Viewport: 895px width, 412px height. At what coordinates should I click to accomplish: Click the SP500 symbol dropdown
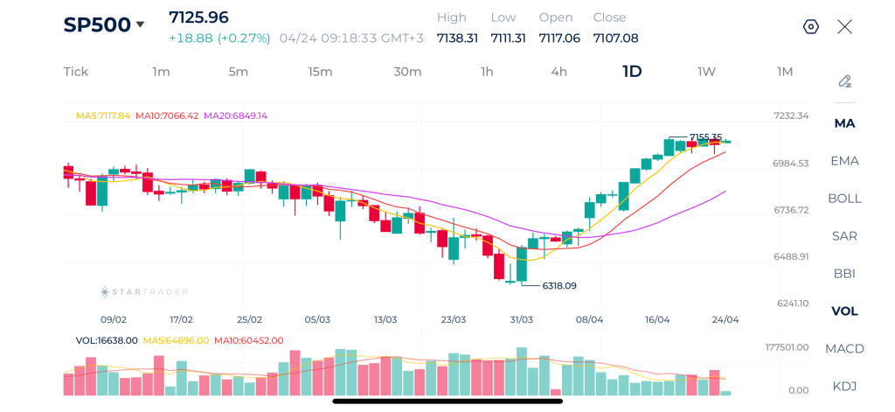tap(104, 24)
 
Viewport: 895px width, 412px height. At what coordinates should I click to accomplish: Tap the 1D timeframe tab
tap(632, 72)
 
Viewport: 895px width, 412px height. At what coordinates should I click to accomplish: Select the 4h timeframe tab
tap(559, 72)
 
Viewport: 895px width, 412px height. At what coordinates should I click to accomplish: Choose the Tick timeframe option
tap(76, 72)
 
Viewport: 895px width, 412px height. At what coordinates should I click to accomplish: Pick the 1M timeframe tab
tap(785, 72)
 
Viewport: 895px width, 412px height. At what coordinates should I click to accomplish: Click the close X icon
tap(844, 26)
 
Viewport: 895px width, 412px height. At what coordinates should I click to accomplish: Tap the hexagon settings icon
tap(810, 26)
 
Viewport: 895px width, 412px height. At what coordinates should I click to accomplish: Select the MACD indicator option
tap(844, 348)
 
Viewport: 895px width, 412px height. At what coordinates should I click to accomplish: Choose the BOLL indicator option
tap(844, 198)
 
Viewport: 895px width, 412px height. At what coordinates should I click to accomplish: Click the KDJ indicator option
tap(844, 386)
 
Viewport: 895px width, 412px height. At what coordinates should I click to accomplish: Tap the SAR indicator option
tap(844, 235)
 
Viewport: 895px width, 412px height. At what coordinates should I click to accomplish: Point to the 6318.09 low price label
tap(559, 285)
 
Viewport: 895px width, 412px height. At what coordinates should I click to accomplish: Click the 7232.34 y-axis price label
tap(791, 115)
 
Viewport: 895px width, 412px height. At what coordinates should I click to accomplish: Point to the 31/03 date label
tap(521, 319)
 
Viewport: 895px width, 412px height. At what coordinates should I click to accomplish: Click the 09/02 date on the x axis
tap(114, 319)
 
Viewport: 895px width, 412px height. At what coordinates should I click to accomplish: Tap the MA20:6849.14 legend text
tap(235, 115)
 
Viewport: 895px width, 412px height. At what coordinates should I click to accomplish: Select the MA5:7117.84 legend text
tap(102, 115)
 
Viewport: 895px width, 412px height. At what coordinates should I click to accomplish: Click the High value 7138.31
tap(457, 38)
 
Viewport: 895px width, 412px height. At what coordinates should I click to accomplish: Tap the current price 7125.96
tap(198, 17)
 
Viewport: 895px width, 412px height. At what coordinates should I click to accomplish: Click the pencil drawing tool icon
tap(844, 81)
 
